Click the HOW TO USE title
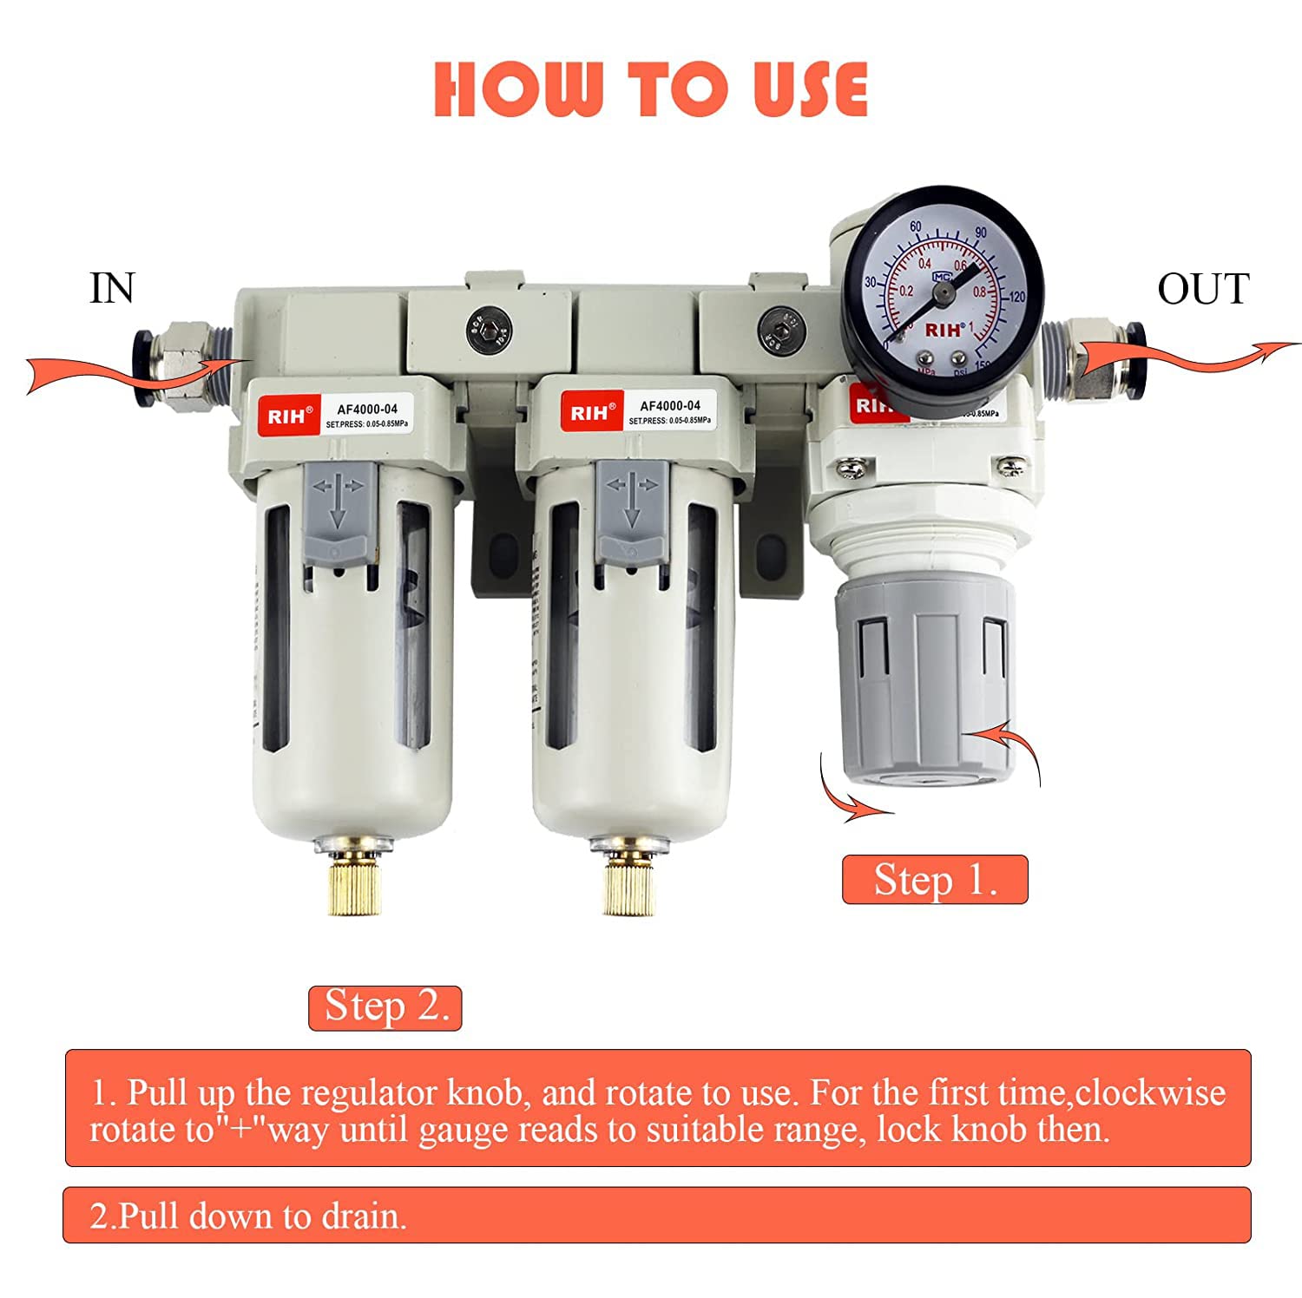click(650, 89)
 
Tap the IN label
click(112, 289)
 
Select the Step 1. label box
click(935, 880)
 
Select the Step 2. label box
click(385, 1007)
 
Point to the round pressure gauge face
click(942, 286)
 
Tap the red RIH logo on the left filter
click(286, 416)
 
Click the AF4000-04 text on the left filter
click(367, 409)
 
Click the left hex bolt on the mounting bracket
click(489, 331)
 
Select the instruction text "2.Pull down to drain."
click(248, 1216)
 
